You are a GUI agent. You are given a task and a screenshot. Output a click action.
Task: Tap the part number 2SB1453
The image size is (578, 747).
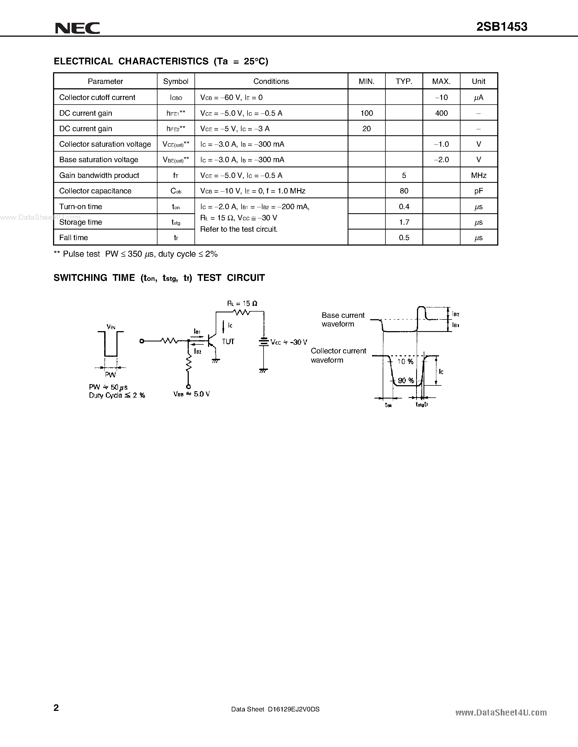[x=502, y=27]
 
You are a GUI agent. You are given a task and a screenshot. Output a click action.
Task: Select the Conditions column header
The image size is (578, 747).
[x=271, y=81]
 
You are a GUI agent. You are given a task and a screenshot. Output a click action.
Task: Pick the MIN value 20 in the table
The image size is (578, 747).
[x=366, y=128]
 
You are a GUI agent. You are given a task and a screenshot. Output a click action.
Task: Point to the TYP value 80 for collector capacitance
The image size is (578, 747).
[x=404, y=191]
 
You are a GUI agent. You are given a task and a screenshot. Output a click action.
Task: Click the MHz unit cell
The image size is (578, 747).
[x=478, y=175]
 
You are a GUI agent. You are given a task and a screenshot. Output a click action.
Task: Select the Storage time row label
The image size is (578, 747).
[x=81, y=222]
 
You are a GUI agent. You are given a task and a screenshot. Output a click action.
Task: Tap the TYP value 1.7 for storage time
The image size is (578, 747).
[x=404, y=222]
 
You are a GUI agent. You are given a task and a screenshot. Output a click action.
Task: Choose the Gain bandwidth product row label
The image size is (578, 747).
[x=99, y=175]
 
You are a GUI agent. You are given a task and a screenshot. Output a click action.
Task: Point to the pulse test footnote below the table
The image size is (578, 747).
[x=136, y=254]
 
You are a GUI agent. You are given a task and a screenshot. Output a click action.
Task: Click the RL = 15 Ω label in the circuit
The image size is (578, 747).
[x=242, y=303]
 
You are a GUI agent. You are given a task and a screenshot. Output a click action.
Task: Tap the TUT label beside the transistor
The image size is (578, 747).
[x=228, y=342]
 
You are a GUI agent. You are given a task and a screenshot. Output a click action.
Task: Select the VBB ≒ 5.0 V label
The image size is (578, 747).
[x=191, y=394]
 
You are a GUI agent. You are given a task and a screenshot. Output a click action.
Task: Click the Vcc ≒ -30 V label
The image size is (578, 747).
[x=289, y=342]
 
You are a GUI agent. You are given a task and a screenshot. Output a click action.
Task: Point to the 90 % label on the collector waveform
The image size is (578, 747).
[x=406, y=380]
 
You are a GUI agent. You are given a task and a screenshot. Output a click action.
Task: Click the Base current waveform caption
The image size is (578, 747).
[x=343, y=320]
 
